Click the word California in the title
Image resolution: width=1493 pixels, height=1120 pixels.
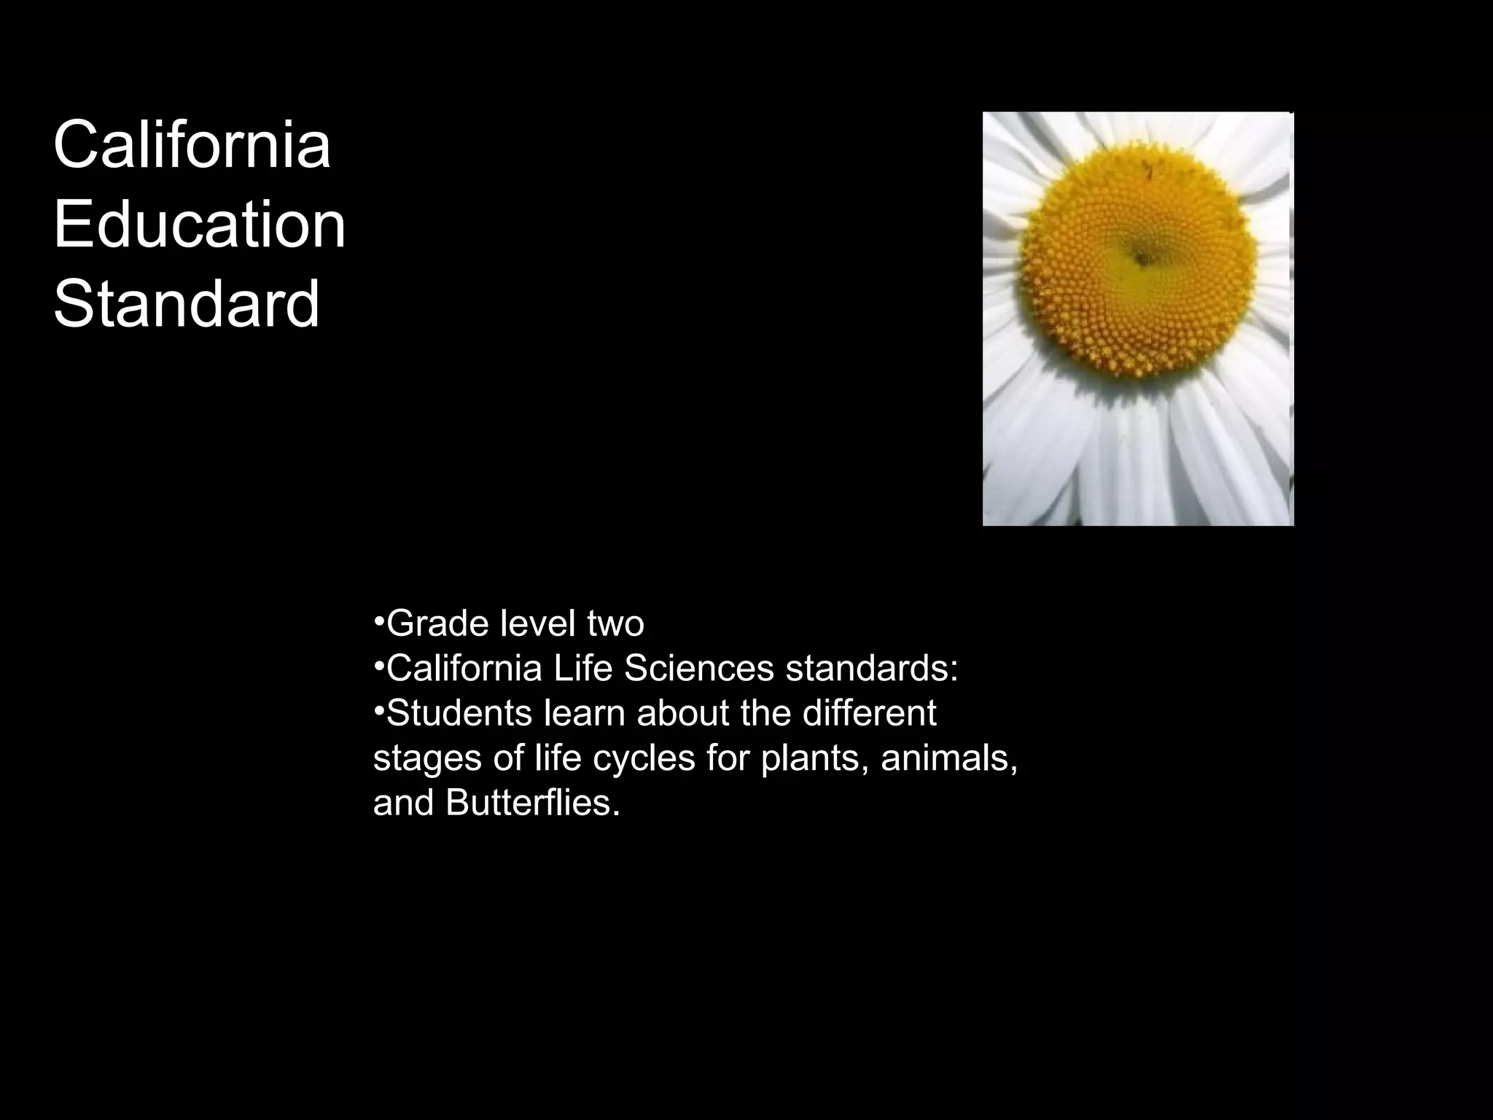[192, 145]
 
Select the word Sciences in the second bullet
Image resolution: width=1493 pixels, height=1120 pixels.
[698, 668]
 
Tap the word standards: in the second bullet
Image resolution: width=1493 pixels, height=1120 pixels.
[871, 668]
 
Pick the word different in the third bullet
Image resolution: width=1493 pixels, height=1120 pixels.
[869, 712]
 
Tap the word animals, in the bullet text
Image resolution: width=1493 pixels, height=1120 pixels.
[949, 758]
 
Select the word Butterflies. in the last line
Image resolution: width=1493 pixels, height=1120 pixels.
[533, 803]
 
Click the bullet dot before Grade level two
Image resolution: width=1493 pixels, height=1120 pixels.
[378, 621]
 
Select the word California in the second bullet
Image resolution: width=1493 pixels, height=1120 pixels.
[464, 668]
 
